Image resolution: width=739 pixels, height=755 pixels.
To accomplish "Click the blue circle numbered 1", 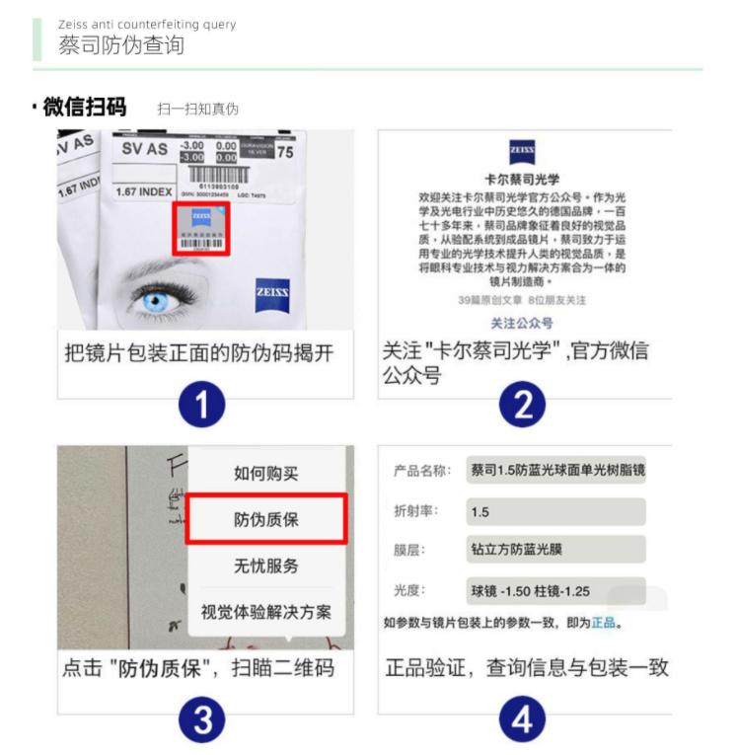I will click(202, 406).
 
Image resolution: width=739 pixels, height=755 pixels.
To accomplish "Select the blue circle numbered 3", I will click(202, 720).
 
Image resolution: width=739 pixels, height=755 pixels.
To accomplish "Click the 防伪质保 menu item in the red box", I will click(265, 519).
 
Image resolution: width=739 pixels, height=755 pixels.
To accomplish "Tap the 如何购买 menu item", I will click(265, 473).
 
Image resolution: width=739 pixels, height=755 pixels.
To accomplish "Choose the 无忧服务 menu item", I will click(265, 566).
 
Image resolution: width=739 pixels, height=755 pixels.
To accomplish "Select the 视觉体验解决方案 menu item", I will click(265, 611).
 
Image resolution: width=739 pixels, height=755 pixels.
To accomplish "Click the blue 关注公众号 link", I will click(522, 323).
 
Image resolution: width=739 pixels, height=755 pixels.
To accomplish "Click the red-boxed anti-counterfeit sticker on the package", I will click(201, 229).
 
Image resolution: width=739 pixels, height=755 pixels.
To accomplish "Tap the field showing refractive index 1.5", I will click(555, 512).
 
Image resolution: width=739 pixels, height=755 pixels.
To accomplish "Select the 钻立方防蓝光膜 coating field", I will click(555, 550).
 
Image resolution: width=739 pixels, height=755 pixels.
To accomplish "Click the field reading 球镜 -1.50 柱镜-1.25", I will click(555, 591).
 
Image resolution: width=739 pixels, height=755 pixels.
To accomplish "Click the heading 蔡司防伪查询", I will click(120, 46).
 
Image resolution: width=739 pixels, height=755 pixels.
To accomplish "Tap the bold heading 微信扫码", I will click(85, 107).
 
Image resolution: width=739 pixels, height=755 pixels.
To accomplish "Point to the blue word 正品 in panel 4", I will click(604, 624).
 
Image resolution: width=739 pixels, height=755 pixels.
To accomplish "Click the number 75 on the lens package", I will click(285, 152).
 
